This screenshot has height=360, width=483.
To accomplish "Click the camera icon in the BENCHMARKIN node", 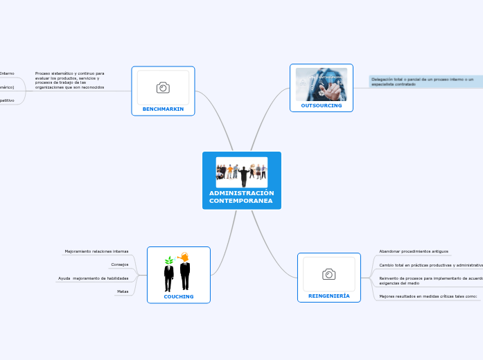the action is (163, 87).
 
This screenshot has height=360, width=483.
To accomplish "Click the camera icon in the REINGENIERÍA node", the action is (328, 274).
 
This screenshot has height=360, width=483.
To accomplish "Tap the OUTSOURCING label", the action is (322, 106).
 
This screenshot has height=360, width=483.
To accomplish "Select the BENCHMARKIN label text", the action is (163, 109).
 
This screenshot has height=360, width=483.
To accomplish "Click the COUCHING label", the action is (179, 296).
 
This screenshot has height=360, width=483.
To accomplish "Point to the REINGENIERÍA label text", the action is (328, 296).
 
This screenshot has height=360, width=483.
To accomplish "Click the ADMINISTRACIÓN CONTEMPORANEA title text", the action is (242, 197).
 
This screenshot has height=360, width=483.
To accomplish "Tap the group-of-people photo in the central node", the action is (242, 171).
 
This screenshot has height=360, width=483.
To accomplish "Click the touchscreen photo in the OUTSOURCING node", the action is (322, 84).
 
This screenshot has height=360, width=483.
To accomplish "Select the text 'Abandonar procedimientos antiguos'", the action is (414, 251).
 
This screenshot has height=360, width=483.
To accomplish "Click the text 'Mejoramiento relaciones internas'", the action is (96, 251).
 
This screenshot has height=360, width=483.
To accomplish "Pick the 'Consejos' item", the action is (119, 264).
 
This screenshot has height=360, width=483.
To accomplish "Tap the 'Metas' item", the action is (122, 291).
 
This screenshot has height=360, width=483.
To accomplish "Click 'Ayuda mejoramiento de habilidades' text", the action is (94, 278).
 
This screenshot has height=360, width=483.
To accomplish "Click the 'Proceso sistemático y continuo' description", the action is (69, 80).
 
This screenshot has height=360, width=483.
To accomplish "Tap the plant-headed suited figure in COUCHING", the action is (168, 273).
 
